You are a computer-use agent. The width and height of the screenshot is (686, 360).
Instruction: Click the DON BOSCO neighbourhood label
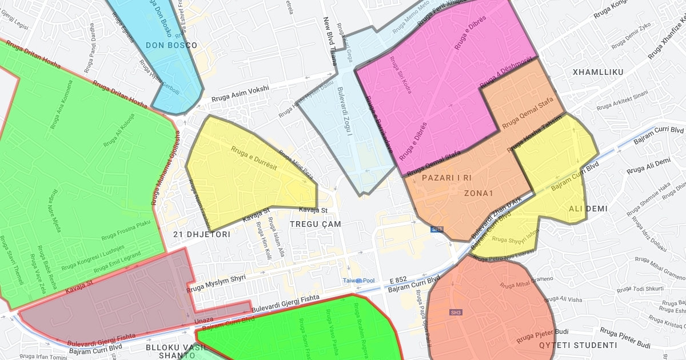tap(171, 45)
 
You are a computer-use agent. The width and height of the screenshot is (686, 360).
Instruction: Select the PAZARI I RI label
tap(446, 178)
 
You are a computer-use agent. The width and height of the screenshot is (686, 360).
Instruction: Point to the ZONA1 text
tap(478, 193)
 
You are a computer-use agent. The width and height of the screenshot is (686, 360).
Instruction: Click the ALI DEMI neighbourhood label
tap(588, 209)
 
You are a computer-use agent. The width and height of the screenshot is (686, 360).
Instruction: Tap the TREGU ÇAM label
tap(315, 224)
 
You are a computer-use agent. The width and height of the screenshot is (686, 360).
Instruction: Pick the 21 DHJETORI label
tap(202, 234)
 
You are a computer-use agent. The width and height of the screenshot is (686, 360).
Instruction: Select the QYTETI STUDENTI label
tap(579, 345)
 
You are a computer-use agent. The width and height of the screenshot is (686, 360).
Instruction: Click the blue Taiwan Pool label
tap(358, 281)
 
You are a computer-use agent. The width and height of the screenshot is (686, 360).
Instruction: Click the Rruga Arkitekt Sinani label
tap(623, 101)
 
